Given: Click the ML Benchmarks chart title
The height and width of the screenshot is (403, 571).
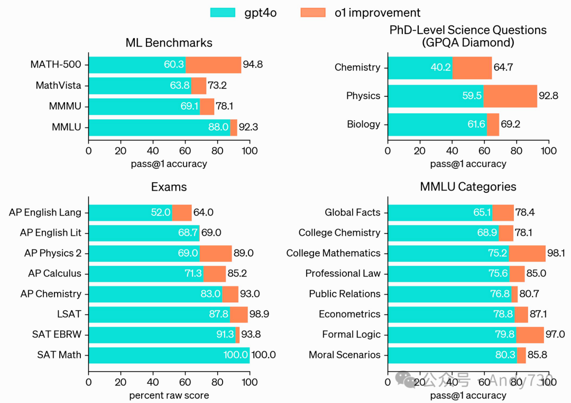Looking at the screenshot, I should pos(169,43).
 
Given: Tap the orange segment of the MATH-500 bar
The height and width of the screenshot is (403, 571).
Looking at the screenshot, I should pos(213,65).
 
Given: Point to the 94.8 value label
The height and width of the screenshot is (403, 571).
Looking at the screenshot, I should pos(253,65).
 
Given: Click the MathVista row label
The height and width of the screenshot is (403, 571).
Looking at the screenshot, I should pos(59,85).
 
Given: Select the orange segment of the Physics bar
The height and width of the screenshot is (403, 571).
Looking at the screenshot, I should pos(510,96).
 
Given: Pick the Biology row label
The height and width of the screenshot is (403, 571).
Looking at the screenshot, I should pos(363,124).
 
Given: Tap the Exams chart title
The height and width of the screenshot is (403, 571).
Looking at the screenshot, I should pos(169,187).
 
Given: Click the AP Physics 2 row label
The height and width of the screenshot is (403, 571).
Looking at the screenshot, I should pos(53,253).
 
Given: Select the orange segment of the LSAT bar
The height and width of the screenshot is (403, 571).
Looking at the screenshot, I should pos(239,314).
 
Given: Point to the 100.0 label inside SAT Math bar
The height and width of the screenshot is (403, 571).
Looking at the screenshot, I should pos(236,355).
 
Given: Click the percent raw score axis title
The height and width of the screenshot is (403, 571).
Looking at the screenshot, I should pos(169,396).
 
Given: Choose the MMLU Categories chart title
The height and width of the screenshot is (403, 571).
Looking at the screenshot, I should pos(468,187).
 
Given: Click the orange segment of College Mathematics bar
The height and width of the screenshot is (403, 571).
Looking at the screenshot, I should pos(527,253).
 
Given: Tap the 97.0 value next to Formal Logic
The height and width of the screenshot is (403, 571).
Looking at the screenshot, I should pos(555,335).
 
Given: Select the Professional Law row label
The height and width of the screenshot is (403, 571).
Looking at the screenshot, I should pos(343,274).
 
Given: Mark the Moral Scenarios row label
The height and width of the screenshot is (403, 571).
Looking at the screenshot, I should pos(344,355).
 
